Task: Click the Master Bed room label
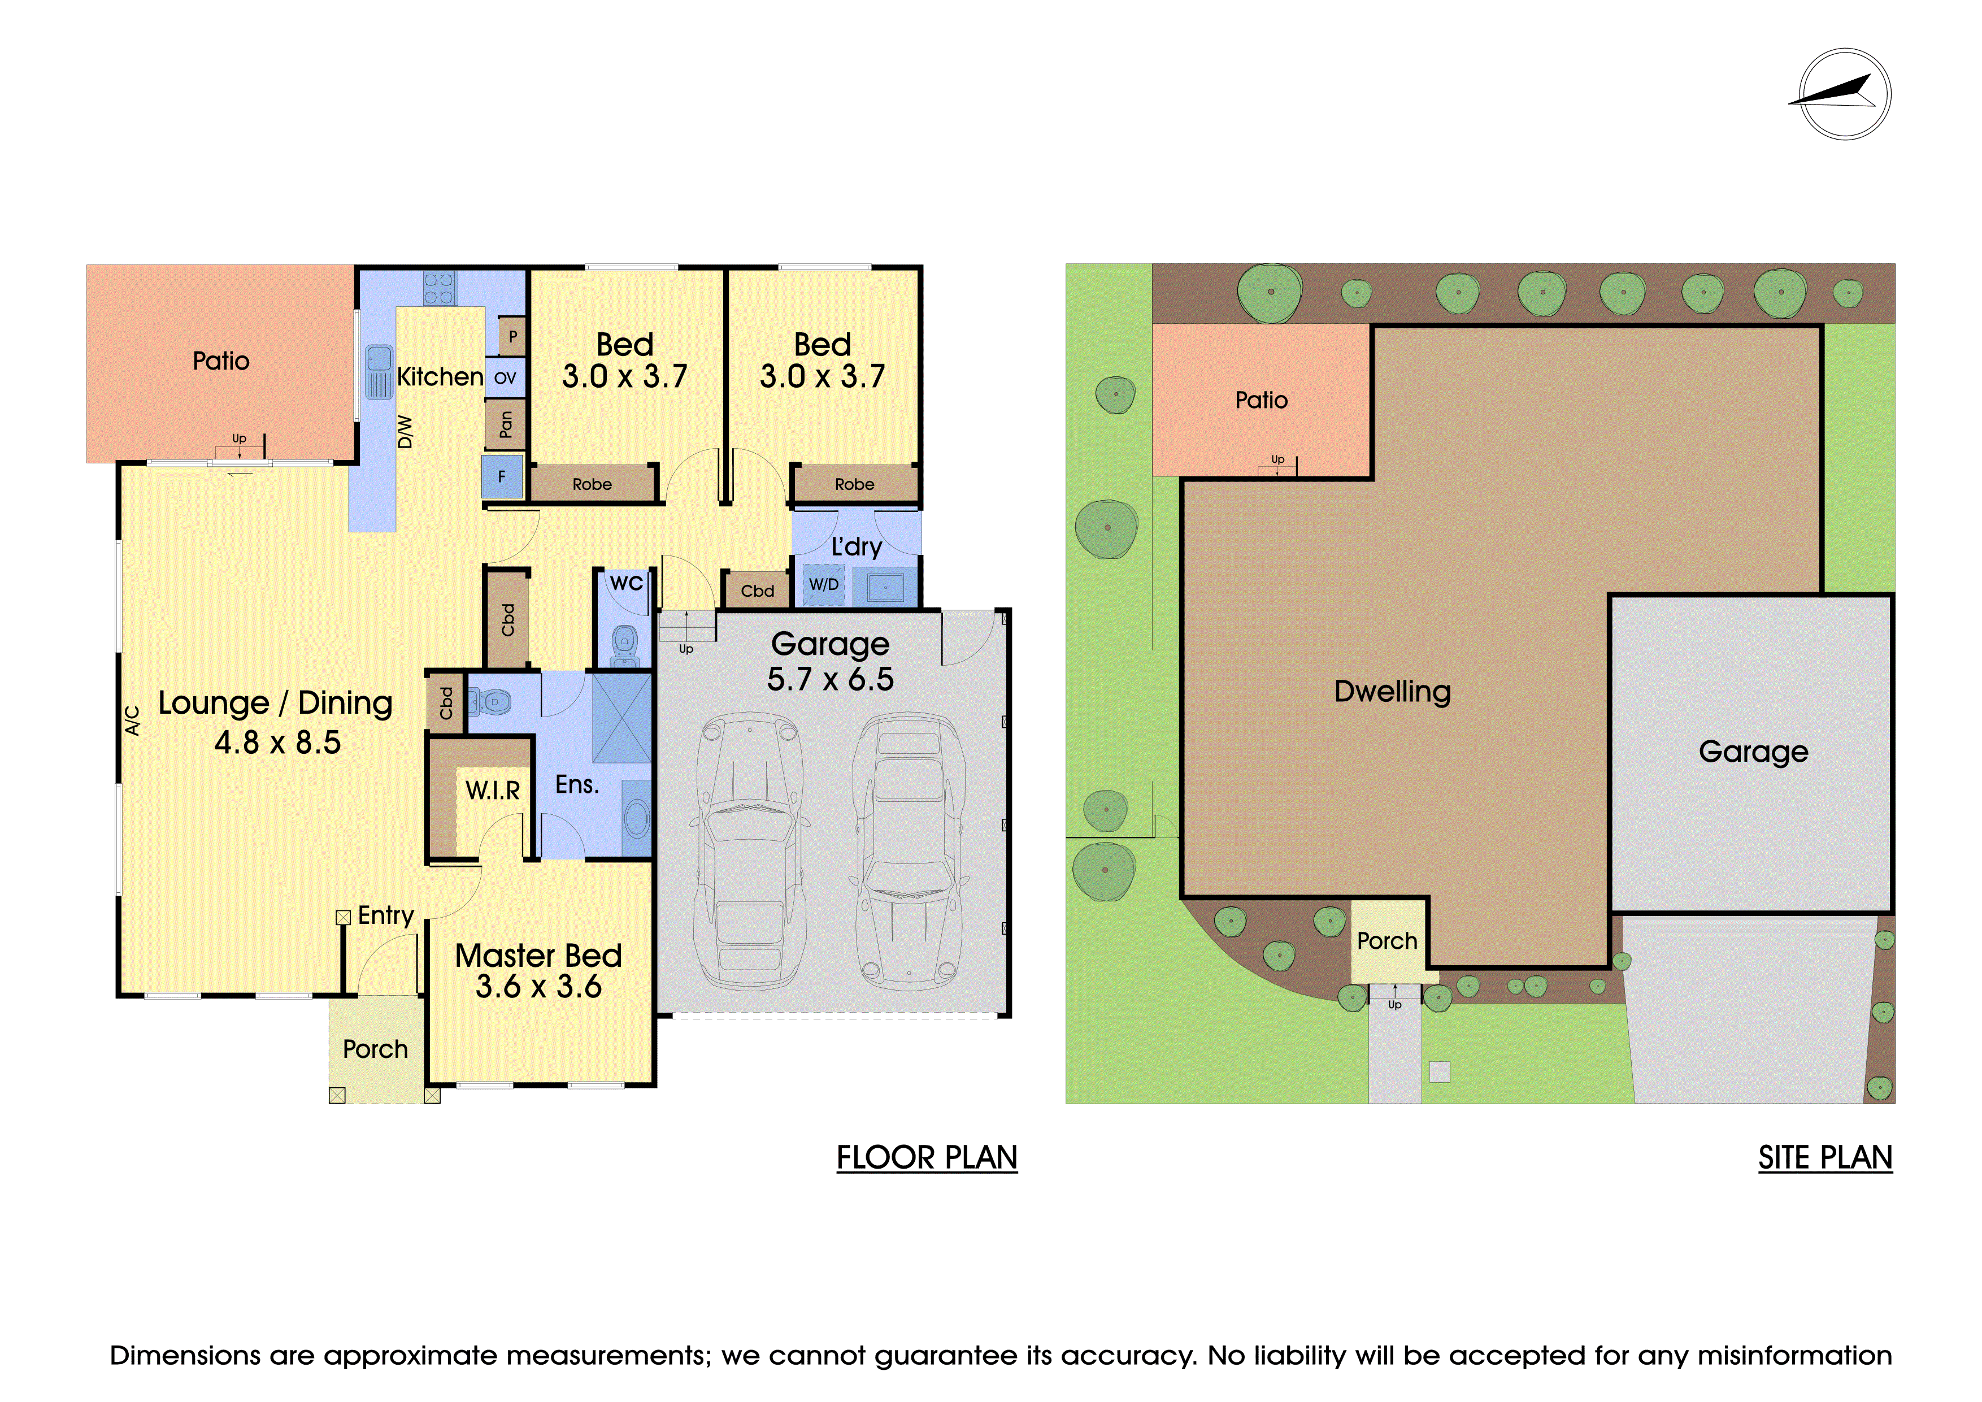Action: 538,956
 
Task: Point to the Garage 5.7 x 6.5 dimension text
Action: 831,679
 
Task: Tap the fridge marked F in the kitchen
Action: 502,476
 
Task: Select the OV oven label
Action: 505,378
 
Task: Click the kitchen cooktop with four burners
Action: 440,288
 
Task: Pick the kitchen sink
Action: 379,371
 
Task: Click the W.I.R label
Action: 493,790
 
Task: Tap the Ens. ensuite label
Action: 577,785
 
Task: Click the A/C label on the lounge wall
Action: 132,721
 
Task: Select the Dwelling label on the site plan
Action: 1392,692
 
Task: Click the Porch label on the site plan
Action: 1387,941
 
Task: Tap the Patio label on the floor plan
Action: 221,361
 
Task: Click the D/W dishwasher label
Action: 405,432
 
